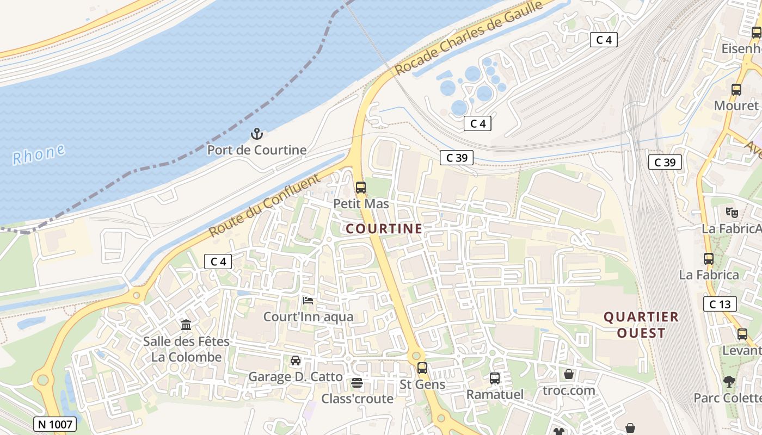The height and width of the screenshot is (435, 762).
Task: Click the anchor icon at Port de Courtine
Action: click(256, 133)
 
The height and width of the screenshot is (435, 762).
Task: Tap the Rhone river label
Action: click(39, 154)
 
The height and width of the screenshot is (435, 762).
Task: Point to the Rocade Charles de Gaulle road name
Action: click(469, 38)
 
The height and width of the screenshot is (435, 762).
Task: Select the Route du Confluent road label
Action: click(264, 206)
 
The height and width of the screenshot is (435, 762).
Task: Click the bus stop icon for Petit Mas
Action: click(360, 188)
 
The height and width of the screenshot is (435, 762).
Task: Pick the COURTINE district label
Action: click(384, 229)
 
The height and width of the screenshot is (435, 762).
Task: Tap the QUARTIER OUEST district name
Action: click(642, 325)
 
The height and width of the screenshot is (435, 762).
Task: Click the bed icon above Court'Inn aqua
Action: click(308, 300)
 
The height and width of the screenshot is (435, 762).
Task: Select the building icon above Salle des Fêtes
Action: click(186, 325)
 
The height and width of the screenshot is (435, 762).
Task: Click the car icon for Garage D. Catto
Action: click(296, 361)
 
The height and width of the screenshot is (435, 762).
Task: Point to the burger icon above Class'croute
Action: click(357, 383)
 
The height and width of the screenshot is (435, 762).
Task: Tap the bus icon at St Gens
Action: click(422, 368)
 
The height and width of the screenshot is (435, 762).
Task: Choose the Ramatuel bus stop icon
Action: click(495, 378)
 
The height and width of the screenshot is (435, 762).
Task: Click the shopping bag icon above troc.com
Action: click(569, 374)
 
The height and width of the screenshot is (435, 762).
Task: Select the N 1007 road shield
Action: click(55, 424)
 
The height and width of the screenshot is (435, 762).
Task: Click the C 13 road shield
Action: click(720, 304)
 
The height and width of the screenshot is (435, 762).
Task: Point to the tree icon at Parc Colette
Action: click(729, 382)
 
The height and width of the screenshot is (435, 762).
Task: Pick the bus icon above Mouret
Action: click(736, 90)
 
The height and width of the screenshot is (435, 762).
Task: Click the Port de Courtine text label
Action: click(257, 150)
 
